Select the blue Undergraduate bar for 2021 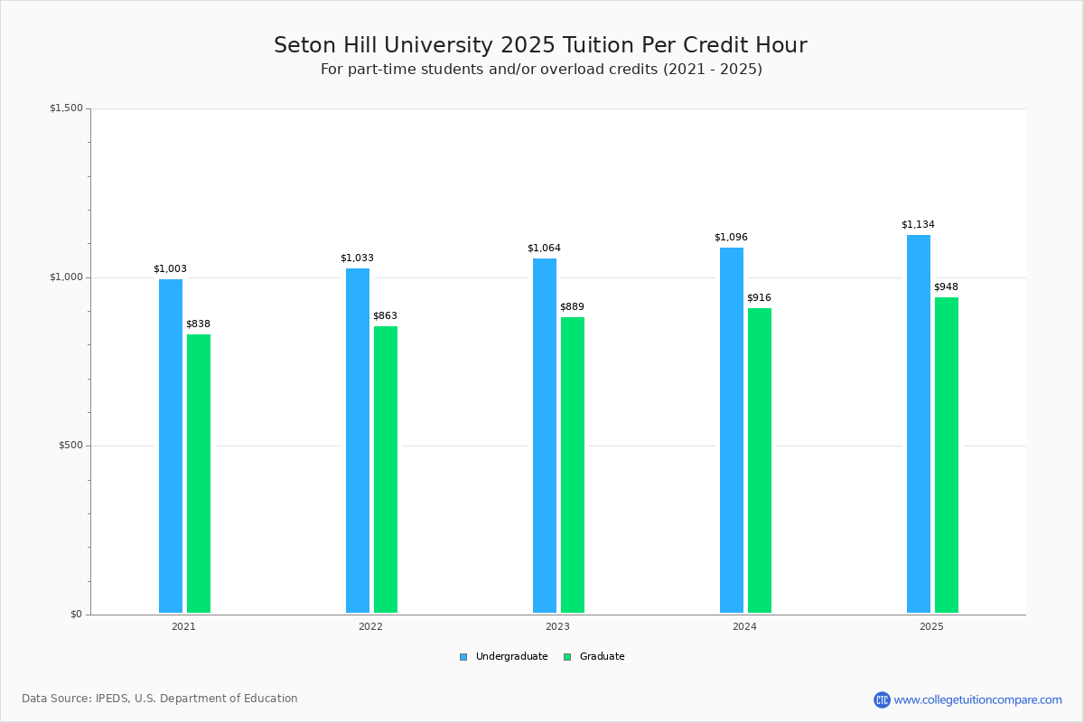(171, 446)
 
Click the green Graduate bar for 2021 (199, 474)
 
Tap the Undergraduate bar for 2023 (545, 436)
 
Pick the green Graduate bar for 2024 (760, 461)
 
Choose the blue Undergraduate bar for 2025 (919, 424)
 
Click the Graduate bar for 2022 (386, 470)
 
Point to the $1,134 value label (918, 224)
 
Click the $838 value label (199, 324)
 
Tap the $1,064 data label (544, 248)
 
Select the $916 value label (760, 297)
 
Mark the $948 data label (946, 286)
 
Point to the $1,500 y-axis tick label (66, 108)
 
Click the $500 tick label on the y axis (70, 445)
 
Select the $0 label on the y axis (77, 614)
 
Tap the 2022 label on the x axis (370, 626)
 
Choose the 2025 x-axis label (931, 626)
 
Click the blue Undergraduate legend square (463, 657)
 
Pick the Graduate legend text (602, 656)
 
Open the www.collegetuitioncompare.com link (978, 700)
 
